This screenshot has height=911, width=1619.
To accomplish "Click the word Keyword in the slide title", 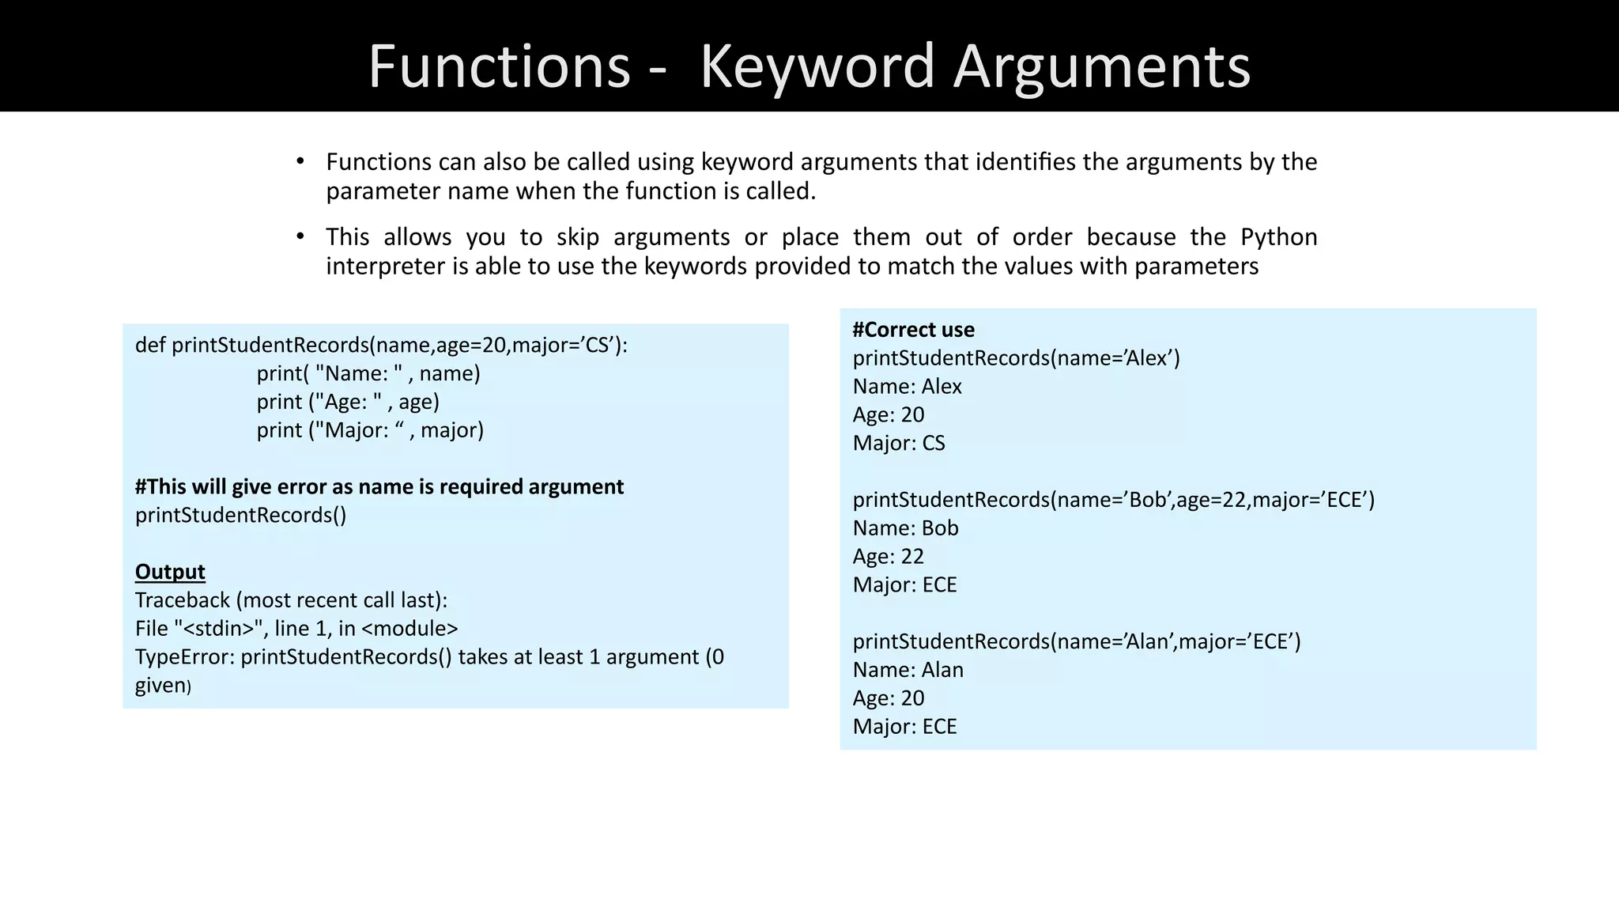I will (x=817, y=66).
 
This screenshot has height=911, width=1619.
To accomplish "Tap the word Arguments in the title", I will (x=1102, y=66).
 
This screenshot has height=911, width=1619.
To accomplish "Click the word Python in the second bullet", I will (x=1278, y=237).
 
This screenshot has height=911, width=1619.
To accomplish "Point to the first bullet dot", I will (x=300, y=162).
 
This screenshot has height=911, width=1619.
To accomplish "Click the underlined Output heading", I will (x=170, y=572).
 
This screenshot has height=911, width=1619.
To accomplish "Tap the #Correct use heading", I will (x=913, y=330).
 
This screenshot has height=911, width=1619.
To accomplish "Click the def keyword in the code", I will (x=150, y=346).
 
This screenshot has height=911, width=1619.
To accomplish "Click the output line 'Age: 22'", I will (x=888, y=557).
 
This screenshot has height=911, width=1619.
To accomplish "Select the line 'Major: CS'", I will (x=899, y=443).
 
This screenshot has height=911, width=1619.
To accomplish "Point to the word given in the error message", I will (x=160, y=686).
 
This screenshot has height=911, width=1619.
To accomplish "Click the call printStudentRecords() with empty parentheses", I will (x=240, y=516).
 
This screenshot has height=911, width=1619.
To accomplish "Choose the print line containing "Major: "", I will (x=370, y=430).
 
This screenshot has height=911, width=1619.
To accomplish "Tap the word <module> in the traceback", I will (x=409, y=629).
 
